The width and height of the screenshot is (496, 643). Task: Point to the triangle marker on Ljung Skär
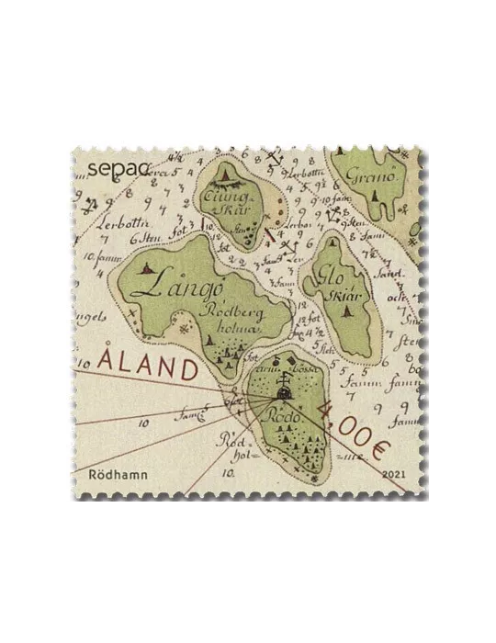click(225, 175)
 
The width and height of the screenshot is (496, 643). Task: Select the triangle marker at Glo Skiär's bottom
click(347, 311)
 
